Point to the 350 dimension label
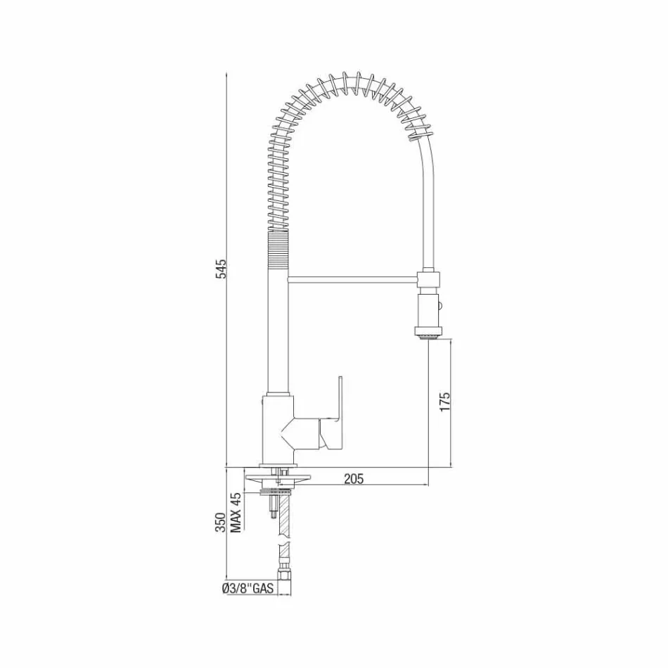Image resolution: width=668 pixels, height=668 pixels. pyautogui.click(x=220, y=523)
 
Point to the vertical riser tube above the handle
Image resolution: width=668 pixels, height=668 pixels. pyautogui.click(x=278, y=330)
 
